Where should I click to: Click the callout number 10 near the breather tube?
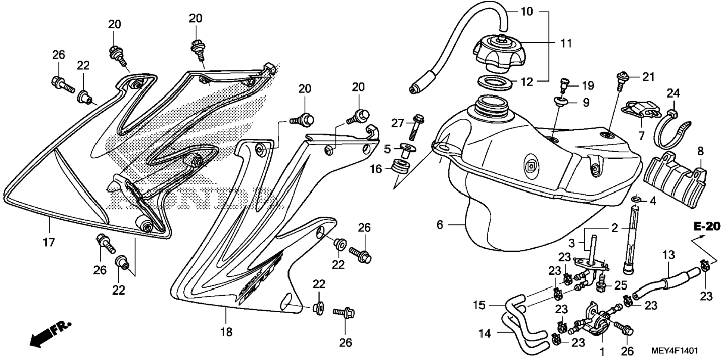pyautogui.click(x=527, y=12)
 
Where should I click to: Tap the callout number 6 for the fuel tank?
pyautogui.click(x=440, y=224)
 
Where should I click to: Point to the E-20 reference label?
pyautogui.click(x=707, y=226)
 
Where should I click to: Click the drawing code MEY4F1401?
pyautogui.click(x=674, y=351)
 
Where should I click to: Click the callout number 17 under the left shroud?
pyautogui.click(x=49, y=242)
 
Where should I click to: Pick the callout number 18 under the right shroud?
pyautogui.click(x=226, y=332)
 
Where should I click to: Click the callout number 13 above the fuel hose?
pyautogui.click(x=668, y=255)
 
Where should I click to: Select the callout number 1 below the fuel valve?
pyautogui.click(x=602, y=351)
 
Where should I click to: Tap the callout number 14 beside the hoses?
pyautogui.click(x=485, y=333)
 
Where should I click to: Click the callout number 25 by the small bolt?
pyautogui.click(x=621, y=286)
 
